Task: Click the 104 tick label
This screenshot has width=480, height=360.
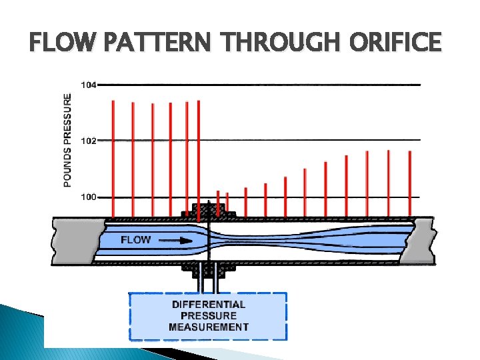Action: tap(88, 85)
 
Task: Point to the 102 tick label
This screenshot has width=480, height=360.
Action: tap(88, 141)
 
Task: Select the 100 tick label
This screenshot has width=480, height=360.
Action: tap(88, 197)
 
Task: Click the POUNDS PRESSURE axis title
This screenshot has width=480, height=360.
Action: tap(68, 139)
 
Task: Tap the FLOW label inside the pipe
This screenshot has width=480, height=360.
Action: tap(136, 239)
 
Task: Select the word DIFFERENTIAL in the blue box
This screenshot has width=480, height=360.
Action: tap(209, 304)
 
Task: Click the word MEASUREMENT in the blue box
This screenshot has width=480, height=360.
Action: tap(209, 327)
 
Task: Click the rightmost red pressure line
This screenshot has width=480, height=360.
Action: tap(410, 183)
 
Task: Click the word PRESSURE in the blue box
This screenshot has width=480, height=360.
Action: tap(209, 315)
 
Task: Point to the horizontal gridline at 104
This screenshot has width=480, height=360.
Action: tap(260, 85)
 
